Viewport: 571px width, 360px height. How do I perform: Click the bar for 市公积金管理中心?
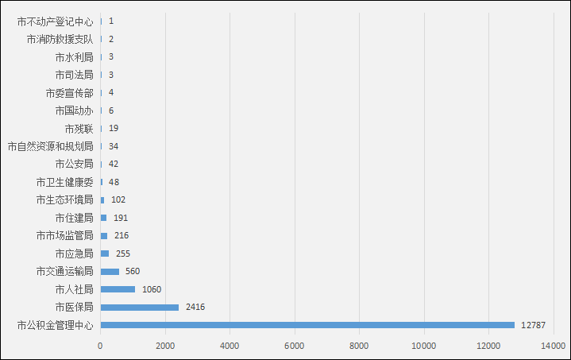coord(307,325)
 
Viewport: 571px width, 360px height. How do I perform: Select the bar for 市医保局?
coord(140,308)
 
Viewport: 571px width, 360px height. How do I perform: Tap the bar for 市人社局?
coord(118,289)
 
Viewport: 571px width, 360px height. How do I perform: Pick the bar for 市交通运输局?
coord(110,272)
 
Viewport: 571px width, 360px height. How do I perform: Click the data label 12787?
coord(534,325)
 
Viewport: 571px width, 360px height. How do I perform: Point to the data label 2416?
coord(196,308)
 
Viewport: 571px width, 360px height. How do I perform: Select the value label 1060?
coord(152,289)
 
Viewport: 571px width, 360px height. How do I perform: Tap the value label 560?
coord(133,272)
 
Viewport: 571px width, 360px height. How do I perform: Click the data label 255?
coord(123,254)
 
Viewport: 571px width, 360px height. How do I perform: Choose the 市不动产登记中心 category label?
coord(55,21)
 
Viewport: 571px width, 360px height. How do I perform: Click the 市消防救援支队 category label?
coord(60,39)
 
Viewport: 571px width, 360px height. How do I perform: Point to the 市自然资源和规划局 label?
coord(50,146)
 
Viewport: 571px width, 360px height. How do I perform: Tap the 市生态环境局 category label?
coord(65,199)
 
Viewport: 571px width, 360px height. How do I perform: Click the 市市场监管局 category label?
coord(65,236)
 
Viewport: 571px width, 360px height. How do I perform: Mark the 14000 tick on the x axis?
coord(554,346)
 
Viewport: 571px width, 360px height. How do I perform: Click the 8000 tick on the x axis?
coord(359,346)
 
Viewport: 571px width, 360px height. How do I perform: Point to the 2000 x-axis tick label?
coord(165,346)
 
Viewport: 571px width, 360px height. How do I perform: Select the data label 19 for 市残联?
coord(114,128)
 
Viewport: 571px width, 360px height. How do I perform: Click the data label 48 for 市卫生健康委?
coord(114,182)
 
